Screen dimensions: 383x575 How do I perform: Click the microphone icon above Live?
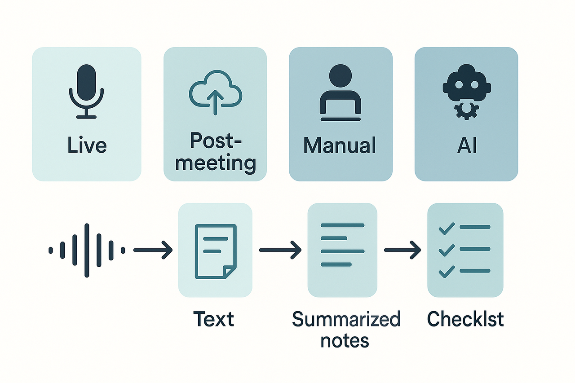pyautogui.click(x=86, y=92)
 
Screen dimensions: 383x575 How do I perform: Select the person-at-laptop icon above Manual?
pyautogui.click(x=340, y=92)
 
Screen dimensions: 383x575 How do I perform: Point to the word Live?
pyautogui.click(x=87, y=145)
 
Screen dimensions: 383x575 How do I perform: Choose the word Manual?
pyautogui.click(x=340, y=145)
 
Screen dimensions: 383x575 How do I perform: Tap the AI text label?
pyautogui.click(x=466, y=145)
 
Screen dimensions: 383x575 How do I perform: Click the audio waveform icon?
pyautogui.click(x=87, y=250)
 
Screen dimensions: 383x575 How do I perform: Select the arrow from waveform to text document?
pyautogui.click(x=153, y=250)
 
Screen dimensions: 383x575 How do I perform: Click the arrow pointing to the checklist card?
pyautogui.click(x=402, y=250)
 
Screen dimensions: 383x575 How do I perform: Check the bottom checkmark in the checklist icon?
pyautogui.click(x=446, y=271)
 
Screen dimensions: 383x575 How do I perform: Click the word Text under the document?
pyautogui.click(x=214, y=319)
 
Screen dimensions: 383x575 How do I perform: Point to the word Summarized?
pyautogui.click(x=346, y=319)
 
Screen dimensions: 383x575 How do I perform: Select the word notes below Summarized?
pyautogui.click(x=345, y=340)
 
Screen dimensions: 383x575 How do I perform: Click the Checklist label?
pyautogui.click(x=465, y=319)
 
